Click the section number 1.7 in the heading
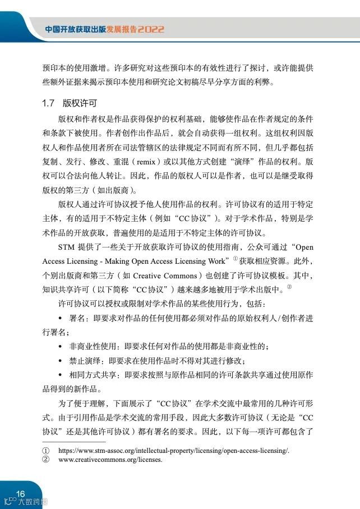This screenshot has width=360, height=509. [48, 104]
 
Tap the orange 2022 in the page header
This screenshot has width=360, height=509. [151, 29]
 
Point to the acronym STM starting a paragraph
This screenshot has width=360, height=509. [66, 247]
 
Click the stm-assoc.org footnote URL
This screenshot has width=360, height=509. [174, 450]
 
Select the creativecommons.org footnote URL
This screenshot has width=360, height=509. [110, 460]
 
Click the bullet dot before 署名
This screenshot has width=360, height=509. [61, 318]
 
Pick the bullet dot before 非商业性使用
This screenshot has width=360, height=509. [61, 346]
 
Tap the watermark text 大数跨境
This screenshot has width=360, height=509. [33, 502]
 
